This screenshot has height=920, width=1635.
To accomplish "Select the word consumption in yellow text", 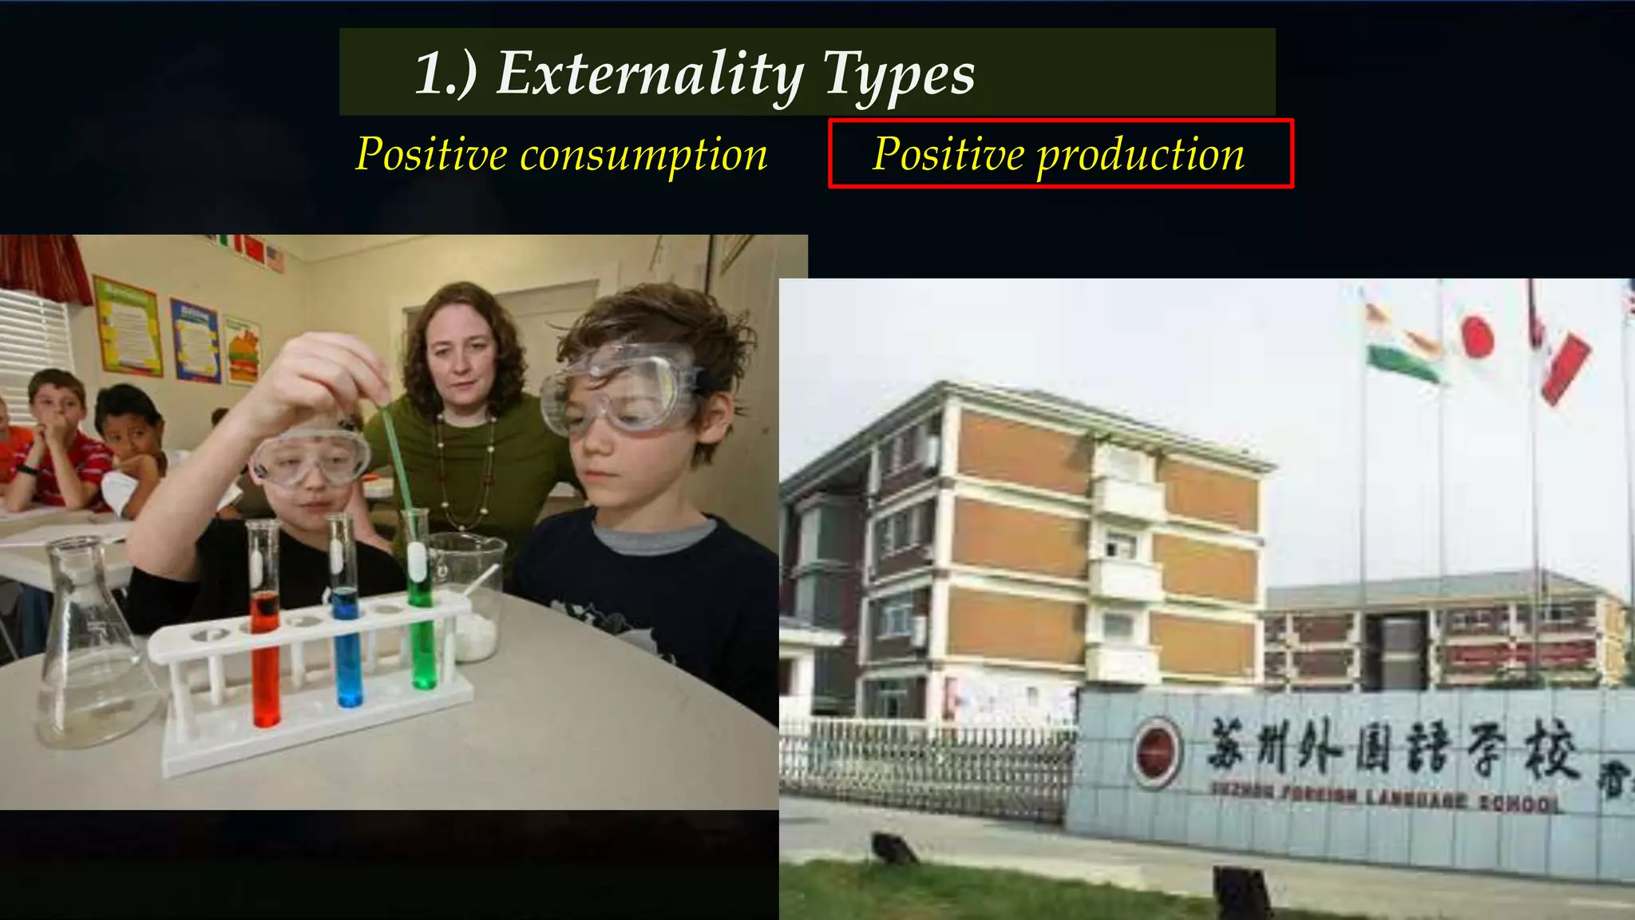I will click(643, 154).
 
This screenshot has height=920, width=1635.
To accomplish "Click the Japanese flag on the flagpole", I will click(1477, 335).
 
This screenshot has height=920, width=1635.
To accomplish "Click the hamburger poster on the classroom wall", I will click(241, 351).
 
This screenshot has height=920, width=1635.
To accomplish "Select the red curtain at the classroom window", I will click(44, 268).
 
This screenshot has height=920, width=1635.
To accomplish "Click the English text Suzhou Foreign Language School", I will click(1385, 797).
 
